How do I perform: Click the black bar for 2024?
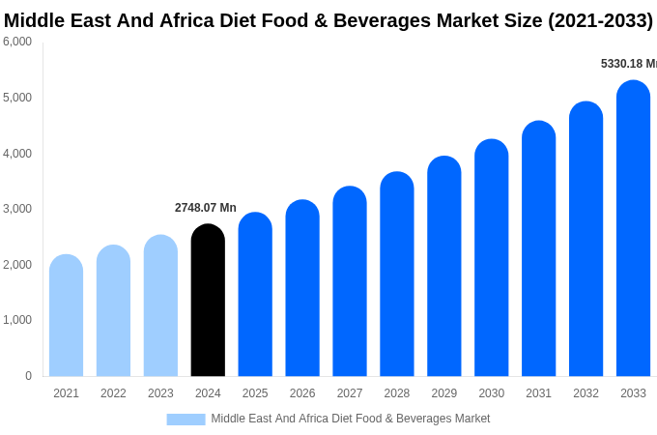click(208, 301)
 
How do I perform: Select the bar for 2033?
click(633, 229)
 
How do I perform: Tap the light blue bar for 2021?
click(66, 316)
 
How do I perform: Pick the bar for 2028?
click(397, 275)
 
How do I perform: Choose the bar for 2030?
click(491, 258)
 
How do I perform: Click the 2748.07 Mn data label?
click(205, 208)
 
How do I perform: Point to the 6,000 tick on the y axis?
click(17, 42)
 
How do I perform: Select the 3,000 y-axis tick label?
click(17, 209)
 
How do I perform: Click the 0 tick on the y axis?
click(28, 376)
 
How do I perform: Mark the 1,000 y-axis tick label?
click(17, 320)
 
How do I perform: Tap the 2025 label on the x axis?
click(255, 393)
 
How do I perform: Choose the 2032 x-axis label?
click(586, 393)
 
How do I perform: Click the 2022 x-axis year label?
click(113, 393)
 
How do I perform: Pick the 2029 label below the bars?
click(444, 393)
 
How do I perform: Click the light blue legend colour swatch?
click(186, 420)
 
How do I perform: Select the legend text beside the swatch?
click(351, 419)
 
